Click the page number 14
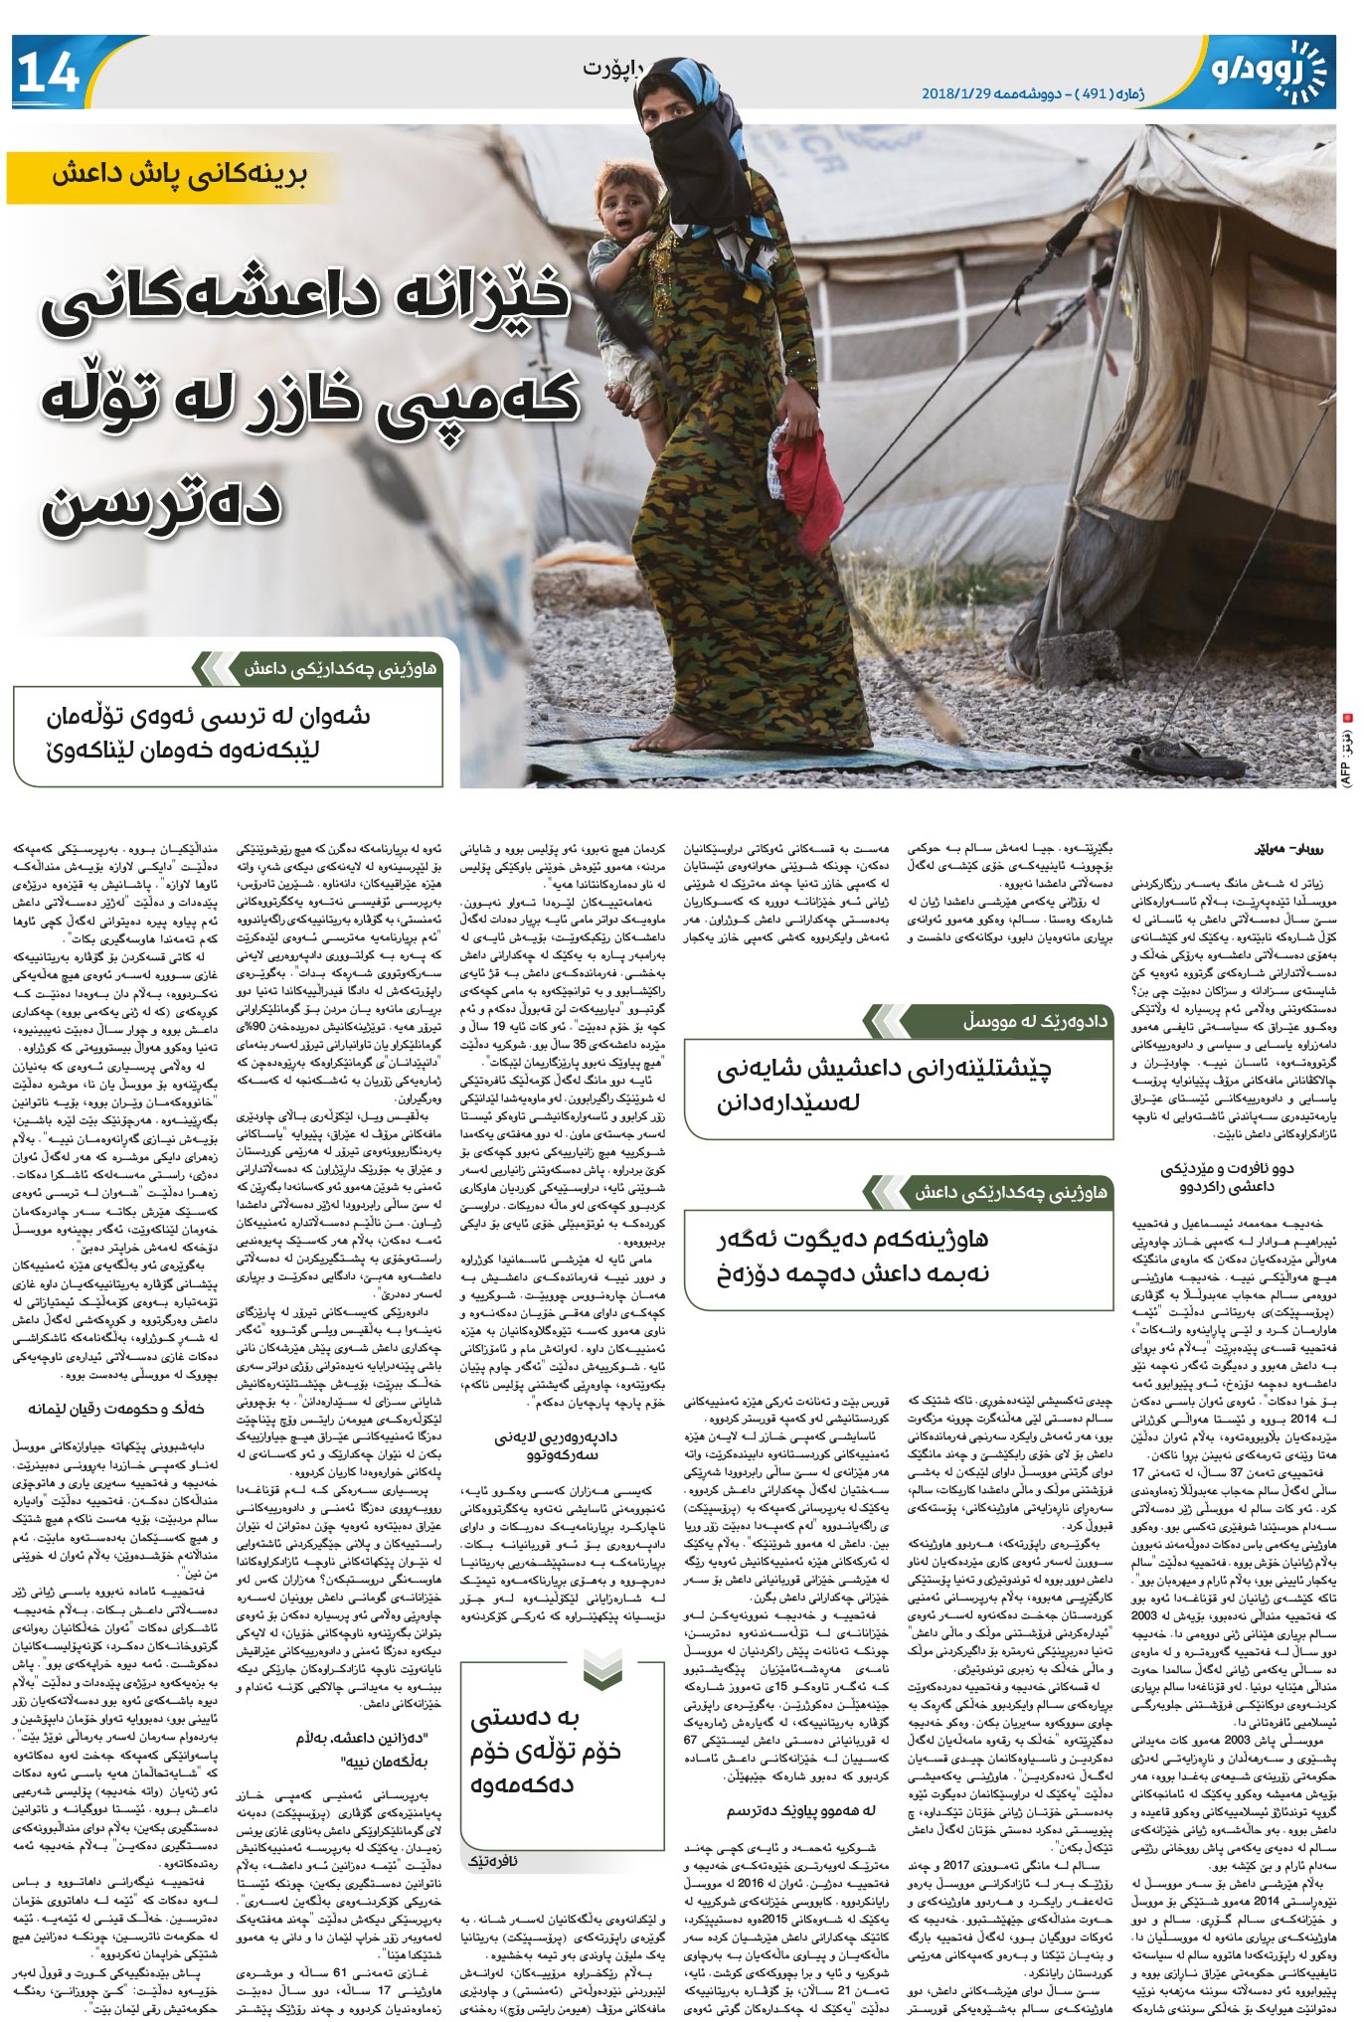click(47, 73)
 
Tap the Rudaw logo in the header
click(1268, 71)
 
